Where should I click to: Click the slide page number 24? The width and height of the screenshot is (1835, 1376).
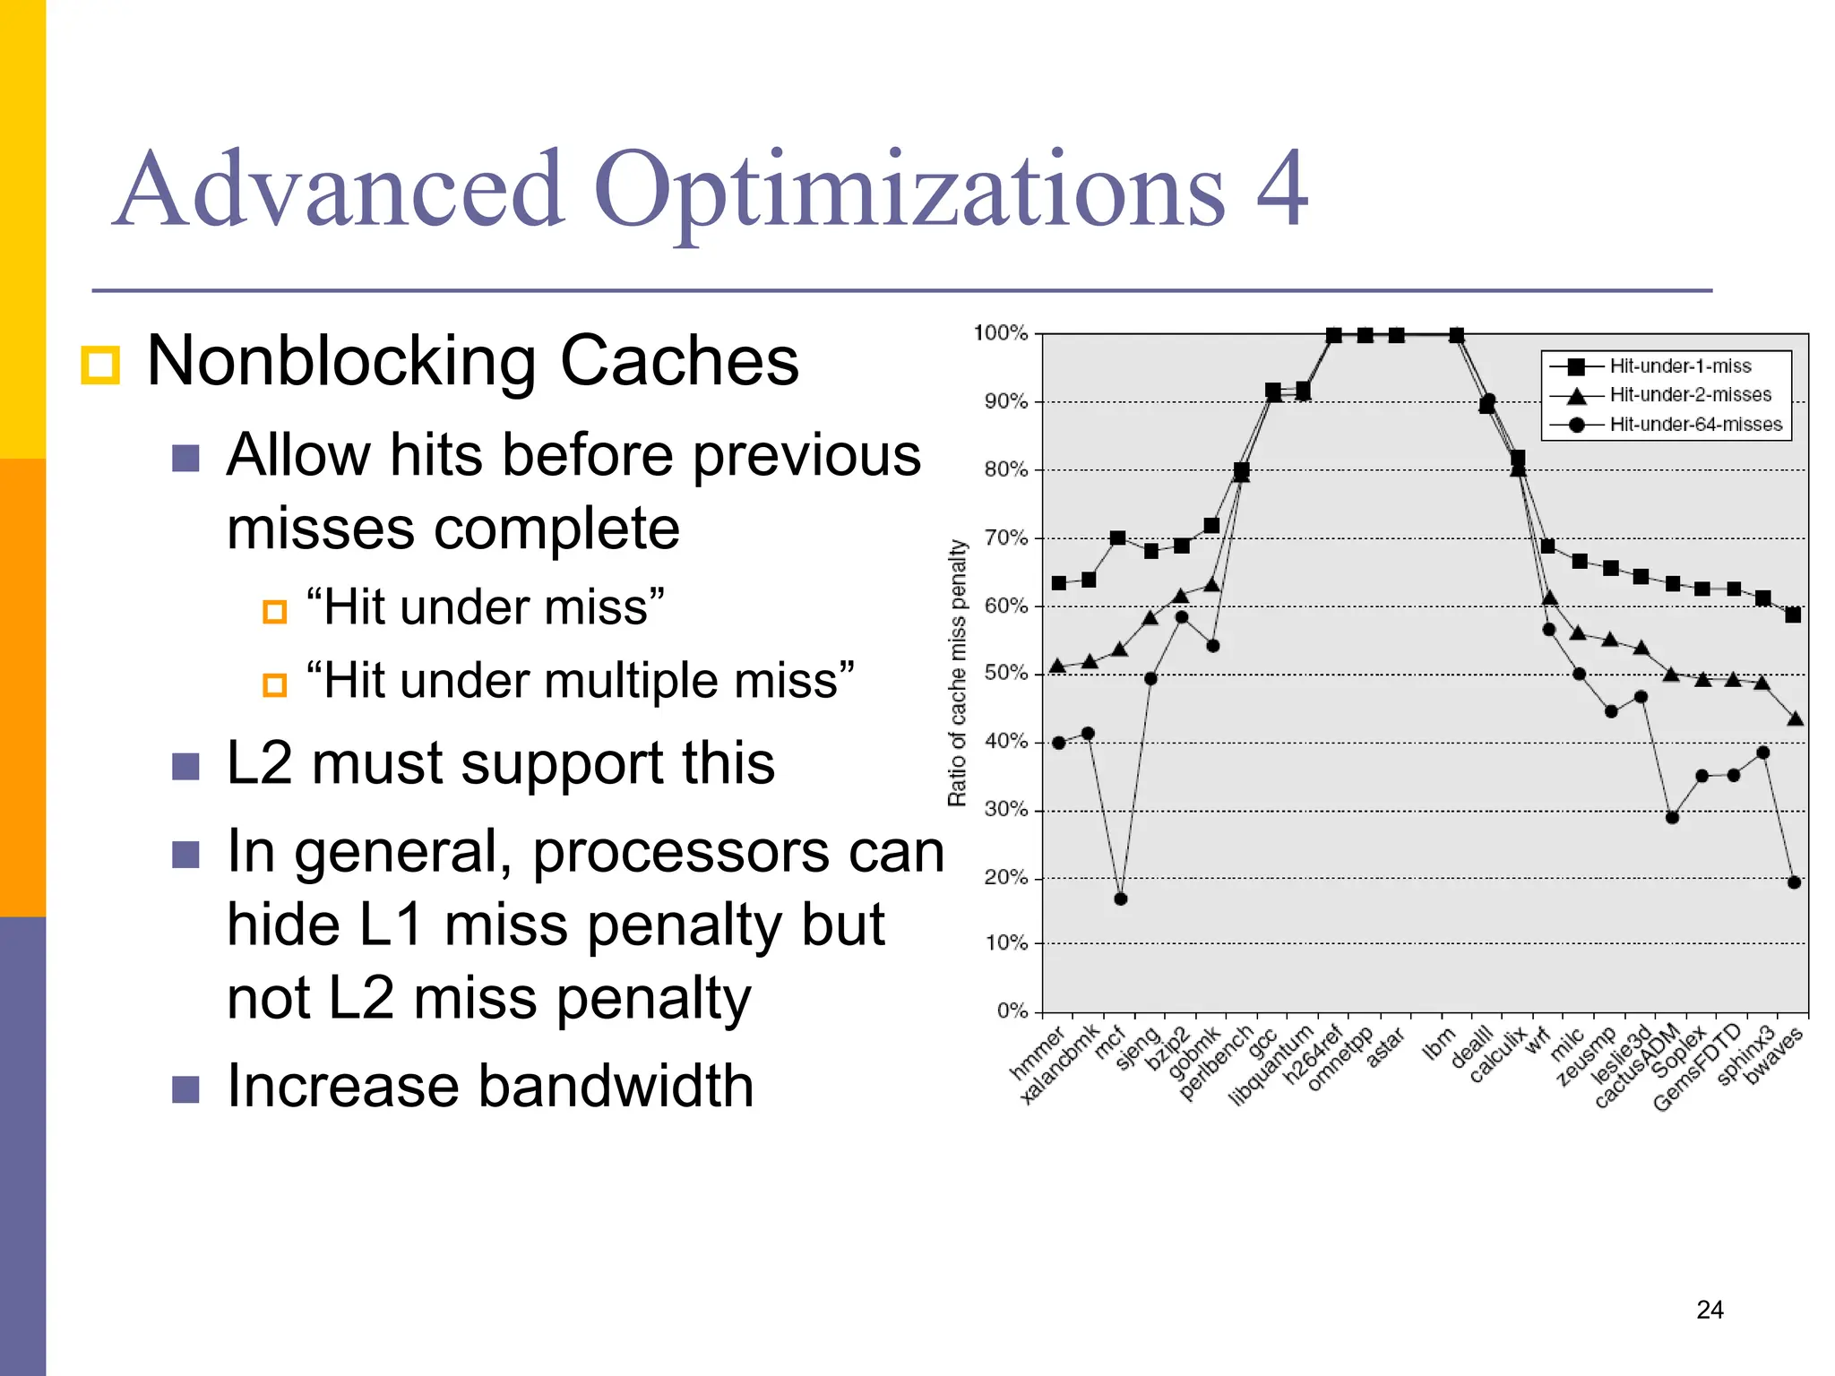pos(1710,1310)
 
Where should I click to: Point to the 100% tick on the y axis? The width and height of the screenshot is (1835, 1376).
pos(1001,333)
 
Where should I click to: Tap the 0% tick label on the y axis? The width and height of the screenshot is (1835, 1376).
pos(1012,1010)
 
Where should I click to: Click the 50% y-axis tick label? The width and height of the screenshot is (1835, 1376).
pos(1005,673)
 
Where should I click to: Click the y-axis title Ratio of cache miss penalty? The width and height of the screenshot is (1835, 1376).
pos(958,672)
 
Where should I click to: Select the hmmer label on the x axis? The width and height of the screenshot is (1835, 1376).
pos(1037,1053)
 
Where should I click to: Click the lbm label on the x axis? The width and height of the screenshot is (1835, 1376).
pos(1439,1045)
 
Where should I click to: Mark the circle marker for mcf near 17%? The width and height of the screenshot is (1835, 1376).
pos(1120,899)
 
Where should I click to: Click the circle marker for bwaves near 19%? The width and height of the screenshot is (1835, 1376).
pos(1794,882)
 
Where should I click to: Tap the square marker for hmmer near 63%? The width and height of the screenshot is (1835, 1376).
pos(1059,583)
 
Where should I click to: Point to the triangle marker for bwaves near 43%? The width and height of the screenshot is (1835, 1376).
pos(1795,718)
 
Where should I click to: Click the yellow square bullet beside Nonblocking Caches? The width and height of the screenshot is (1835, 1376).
pos(99,365)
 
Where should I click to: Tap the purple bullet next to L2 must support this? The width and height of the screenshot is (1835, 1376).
pos(185,766)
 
